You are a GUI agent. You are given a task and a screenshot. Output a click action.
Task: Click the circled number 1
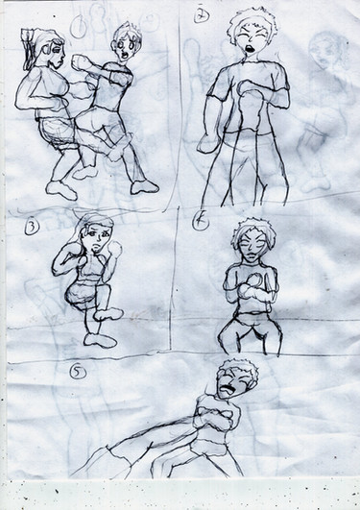(79, 28)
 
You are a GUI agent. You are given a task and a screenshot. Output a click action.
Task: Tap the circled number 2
(202, 15)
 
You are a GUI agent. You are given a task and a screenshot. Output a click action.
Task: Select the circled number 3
(32, 228)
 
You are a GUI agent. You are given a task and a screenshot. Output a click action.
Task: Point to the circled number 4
(200, 223)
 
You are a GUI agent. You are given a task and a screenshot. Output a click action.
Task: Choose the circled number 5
(78, 373)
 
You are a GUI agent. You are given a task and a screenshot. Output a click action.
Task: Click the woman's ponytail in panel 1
(31, 49)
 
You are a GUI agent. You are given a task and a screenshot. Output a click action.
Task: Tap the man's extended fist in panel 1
(81, 62)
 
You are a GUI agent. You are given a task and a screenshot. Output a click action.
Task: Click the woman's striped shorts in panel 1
(56, 134)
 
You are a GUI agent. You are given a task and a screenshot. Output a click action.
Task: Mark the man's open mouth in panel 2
(250, 49)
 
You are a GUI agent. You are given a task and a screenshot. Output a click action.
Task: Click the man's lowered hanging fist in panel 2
(207, 143)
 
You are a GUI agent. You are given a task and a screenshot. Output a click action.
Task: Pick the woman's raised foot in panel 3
(108, 314)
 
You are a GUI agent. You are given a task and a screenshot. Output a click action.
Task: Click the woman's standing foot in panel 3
(100, 341)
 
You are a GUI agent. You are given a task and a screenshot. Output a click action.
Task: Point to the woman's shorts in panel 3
(82, 294)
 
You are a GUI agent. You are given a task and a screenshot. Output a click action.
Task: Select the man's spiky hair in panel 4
(253, 230)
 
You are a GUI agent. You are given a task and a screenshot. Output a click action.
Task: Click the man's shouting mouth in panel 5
(226, 389)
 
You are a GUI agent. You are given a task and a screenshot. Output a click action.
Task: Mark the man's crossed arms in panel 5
(216, 417)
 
